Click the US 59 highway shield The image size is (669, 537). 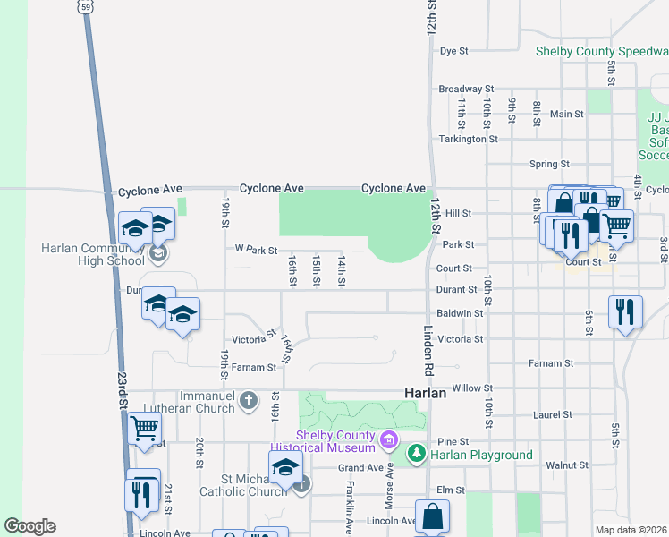tap(85, 6)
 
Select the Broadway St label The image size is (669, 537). tap(466, 89)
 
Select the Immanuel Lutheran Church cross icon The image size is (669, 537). tap(250, 398)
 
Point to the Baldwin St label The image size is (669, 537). tap(461, 314)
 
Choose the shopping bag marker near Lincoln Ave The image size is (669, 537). tap(432, 516)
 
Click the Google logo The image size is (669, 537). tap(30, 526)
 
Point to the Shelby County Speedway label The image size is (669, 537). tap(601, 51)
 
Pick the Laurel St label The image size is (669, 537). tap(554, 415)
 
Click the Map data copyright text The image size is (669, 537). tap(631, 530)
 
